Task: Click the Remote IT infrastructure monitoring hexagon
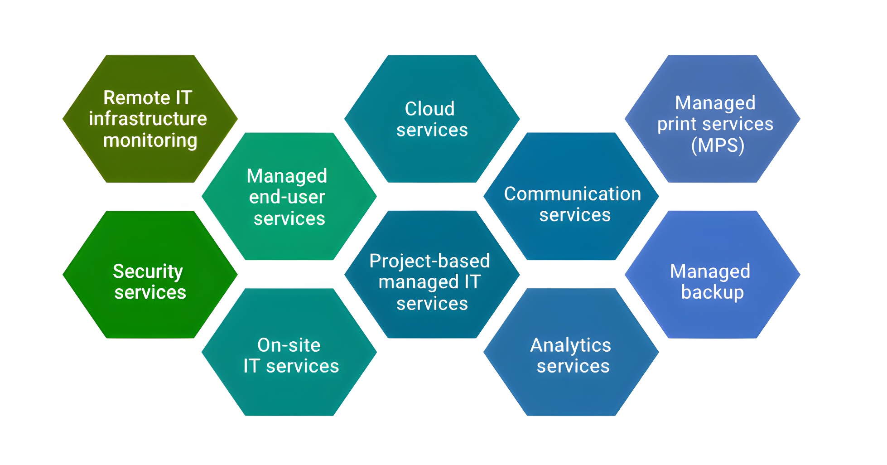pyautogui.click(x=150, y=119)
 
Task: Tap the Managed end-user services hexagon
pyautogui.click(x=289, y=196)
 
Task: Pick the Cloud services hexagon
pyautogui.click(x=432, y=119)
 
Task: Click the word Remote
pyautogui.click(x=137, y=98)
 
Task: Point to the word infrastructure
pyautogui.click(x=148, y=119)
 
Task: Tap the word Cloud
pyautogui.click(x=429, y=109)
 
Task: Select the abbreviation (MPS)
pyautogui.click(x=718, y=145)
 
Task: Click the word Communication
pyautogui.click(x=573, y=194)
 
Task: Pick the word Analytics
pyautogui.click(x=571, y=345)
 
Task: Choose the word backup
pyautogui.click(x=713, y=292)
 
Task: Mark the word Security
pyautogui.click(x=148, y=271)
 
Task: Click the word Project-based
pyautogui.click(x=429, y=261)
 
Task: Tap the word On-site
pyautogui.click(x=289, y=345)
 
